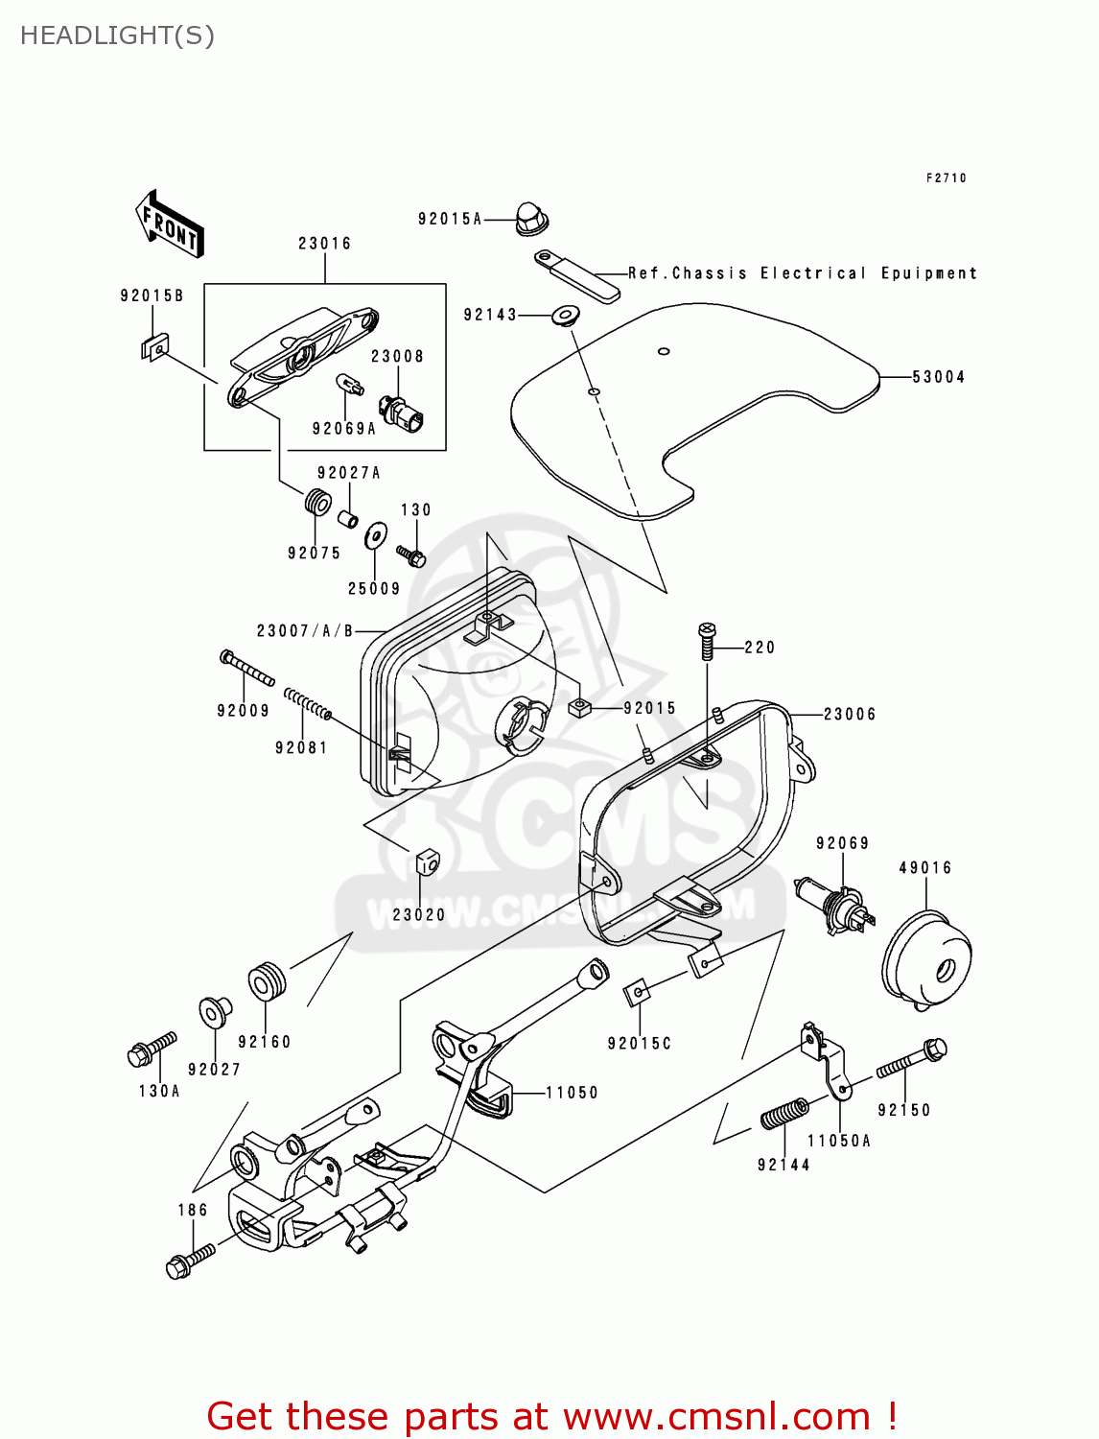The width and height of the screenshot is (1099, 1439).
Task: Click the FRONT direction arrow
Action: click(x=170, y=224)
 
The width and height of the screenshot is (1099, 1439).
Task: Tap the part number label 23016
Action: click(x=324, y=244)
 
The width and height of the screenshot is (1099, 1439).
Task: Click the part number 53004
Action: click(x=938, y=377)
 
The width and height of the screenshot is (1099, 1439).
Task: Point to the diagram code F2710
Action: click(x=946, y=178)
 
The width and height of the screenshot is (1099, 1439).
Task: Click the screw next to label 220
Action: click(x=708, y=641)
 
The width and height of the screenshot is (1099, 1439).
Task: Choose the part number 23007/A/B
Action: click(x=305, y=631)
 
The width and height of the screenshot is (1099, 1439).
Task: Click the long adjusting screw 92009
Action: click(x=246, y=668)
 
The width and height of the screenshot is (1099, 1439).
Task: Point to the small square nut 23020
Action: click(x=428, y=862)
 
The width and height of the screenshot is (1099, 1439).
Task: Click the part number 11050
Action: click(x=572, y=1093)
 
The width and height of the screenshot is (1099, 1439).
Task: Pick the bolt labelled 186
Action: click(x=191, y=1258)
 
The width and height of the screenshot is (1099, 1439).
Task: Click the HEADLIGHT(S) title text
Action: click(x=117, y=35)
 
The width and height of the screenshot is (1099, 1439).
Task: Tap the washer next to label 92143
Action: click(x=565, y=314)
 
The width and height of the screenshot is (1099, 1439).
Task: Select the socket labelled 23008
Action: click(x=403, y=412)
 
